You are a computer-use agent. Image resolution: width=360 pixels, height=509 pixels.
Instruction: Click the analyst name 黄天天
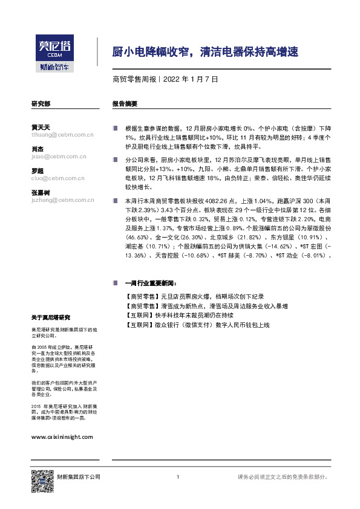tap(41, 128)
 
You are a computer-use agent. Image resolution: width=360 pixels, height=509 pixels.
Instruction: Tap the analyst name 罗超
tap(38, 171)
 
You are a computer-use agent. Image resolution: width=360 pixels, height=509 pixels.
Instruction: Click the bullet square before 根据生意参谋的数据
tap(115, 129)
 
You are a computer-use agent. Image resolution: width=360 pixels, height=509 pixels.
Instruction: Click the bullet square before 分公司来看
tap(115, 159)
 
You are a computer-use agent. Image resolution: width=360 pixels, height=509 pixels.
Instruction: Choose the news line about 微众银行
tap(197, 325)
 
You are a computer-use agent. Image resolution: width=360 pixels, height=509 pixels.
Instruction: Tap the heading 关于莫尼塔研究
tap(51, 317)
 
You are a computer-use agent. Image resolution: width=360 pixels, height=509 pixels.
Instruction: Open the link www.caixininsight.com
tap(62, 436)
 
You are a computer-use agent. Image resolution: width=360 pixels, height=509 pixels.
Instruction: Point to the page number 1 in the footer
tap(178, 478)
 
